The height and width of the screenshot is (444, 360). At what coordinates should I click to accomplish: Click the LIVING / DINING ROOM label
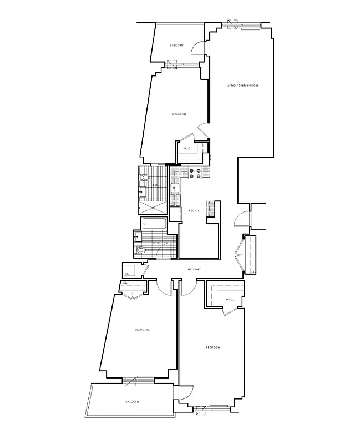click(242, 85)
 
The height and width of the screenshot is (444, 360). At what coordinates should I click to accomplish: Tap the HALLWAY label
click(194, 269)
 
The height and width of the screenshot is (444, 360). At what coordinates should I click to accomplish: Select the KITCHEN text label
click(194, 211)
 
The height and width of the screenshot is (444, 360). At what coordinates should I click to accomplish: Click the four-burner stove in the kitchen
click(195, 174)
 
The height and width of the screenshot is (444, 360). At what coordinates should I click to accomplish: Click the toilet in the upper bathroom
click(145, 178)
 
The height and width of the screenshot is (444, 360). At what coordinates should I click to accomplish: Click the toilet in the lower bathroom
click(142, 250)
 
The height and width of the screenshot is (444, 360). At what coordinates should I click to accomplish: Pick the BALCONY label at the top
click(177, 45)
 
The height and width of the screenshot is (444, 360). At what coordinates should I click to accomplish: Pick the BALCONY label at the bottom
click(131, 401)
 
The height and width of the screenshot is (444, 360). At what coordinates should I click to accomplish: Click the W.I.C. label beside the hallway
click(230, 300)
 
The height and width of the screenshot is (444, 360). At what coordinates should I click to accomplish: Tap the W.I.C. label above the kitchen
click(187, 148)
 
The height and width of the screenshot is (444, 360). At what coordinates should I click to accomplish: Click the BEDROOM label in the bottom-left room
click(142, 330)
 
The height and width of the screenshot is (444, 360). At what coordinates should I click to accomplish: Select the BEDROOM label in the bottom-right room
click(213, 347)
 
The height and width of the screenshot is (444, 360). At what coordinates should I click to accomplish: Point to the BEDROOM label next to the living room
click(178, 114)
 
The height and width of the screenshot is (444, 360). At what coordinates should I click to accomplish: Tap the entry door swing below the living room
click(241, 220)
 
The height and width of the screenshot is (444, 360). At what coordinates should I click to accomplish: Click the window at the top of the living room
click(241, 25)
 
